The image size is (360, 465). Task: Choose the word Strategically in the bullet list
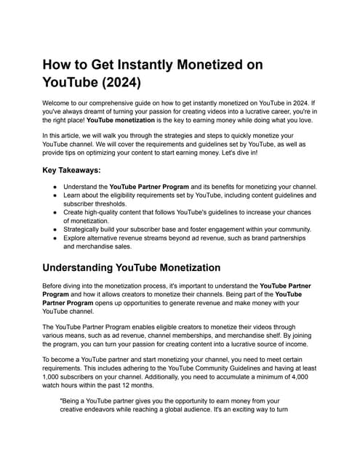pyautogui.click(x=86, y=229)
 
